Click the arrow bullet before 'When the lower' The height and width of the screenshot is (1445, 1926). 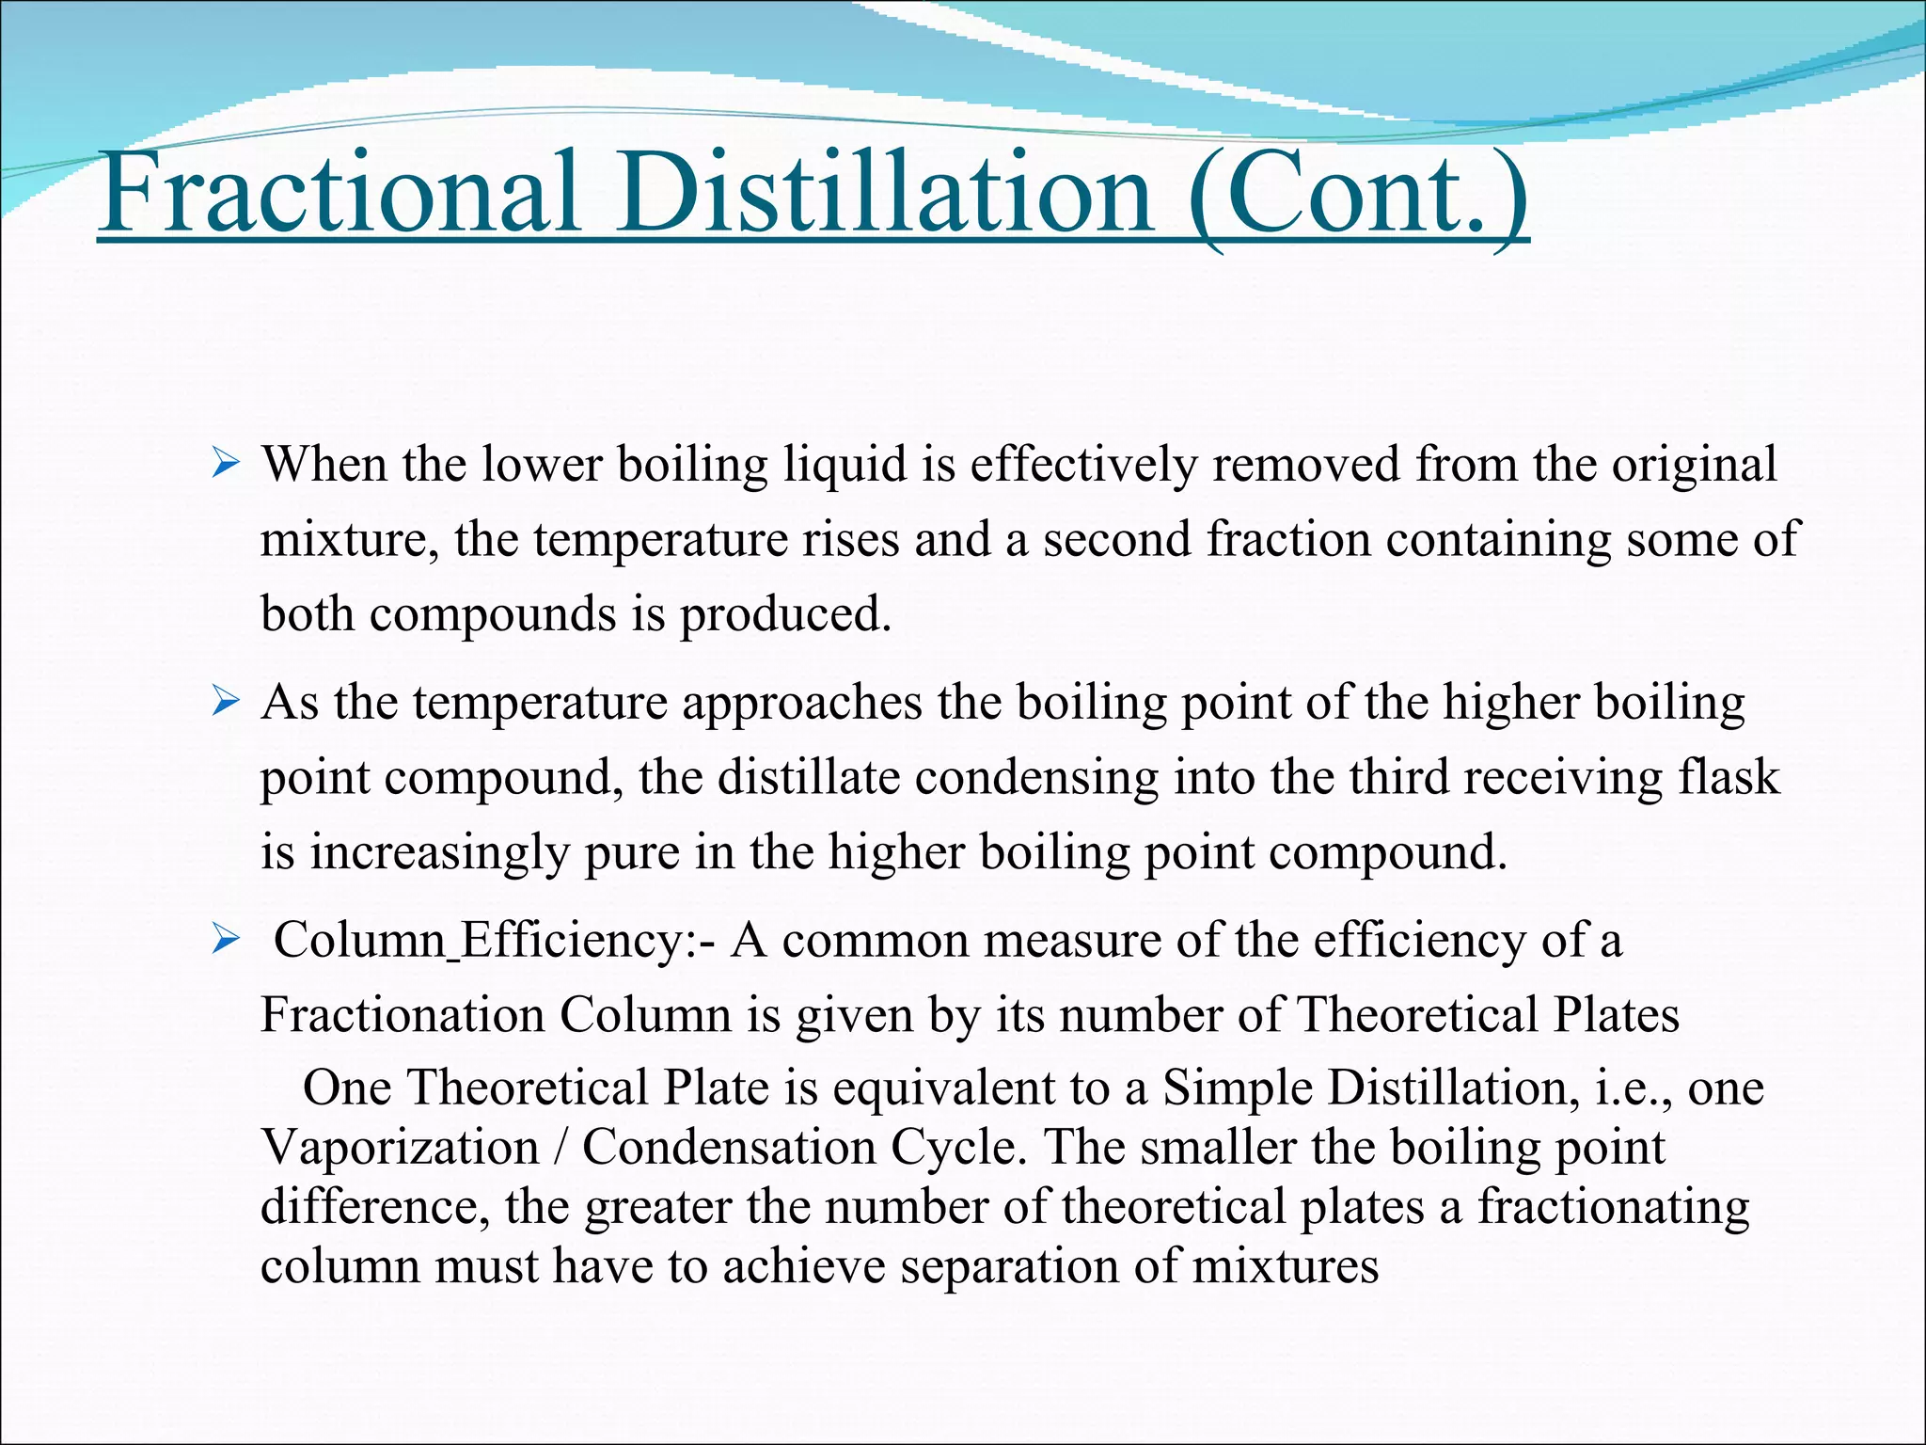pyautogui.click(x=227, y=463)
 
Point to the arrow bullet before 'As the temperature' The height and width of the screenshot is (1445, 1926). pyautogui.click(x=227, y=702)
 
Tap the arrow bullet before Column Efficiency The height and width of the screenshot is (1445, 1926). pyautogui.click(x=227, y=939)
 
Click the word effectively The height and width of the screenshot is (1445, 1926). pyautogui.click(x=1081, y=465)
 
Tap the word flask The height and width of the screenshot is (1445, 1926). pyautogui.click(x=1729, y=778)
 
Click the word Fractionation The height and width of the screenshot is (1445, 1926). pyautogui.click(x=403, y=1016)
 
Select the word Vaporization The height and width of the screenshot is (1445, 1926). pyautogui.click(x=400, y=1148)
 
